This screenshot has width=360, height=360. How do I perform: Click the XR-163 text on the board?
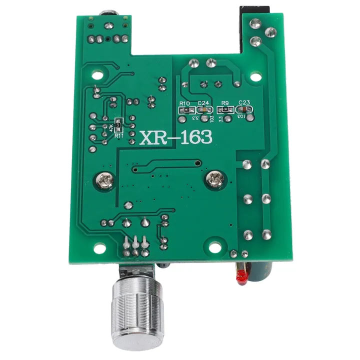176,136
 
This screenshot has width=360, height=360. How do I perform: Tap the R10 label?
185,103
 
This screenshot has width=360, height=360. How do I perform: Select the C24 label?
202,103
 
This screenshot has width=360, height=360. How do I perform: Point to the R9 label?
224,103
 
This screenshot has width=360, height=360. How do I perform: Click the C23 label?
244,103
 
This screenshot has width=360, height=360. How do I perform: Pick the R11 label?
118,135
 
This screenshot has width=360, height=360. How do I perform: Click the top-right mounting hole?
256,78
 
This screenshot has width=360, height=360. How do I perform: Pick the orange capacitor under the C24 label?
203,110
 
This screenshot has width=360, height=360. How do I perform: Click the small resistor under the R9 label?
224,110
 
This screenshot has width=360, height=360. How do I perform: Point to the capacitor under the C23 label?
244,110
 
